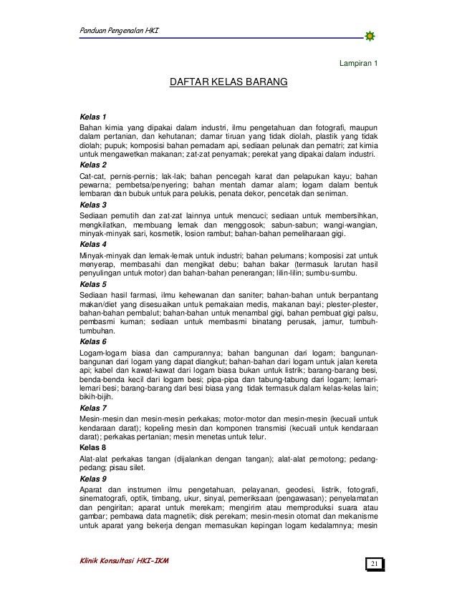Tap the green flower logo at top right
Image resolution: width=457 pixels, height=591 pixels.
coord(370,36)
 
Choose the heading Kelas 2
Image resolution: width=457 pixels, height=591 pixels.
coord(93,164)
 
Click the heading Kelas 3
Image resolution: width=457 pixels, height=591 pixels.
coord(93,204)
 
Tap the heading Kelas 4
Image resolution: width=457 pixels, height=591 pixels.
coord(93,243)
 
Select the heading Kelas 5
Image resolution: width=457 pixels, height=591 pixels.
coord(93,283)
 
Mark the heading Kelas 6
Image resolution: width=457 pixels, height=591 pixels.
coord(93,342)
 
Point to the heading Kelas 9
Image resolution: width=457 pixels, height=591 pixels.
coord(93,478)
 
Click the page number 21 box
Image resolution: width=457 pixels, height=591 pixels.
coord(374,565)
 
